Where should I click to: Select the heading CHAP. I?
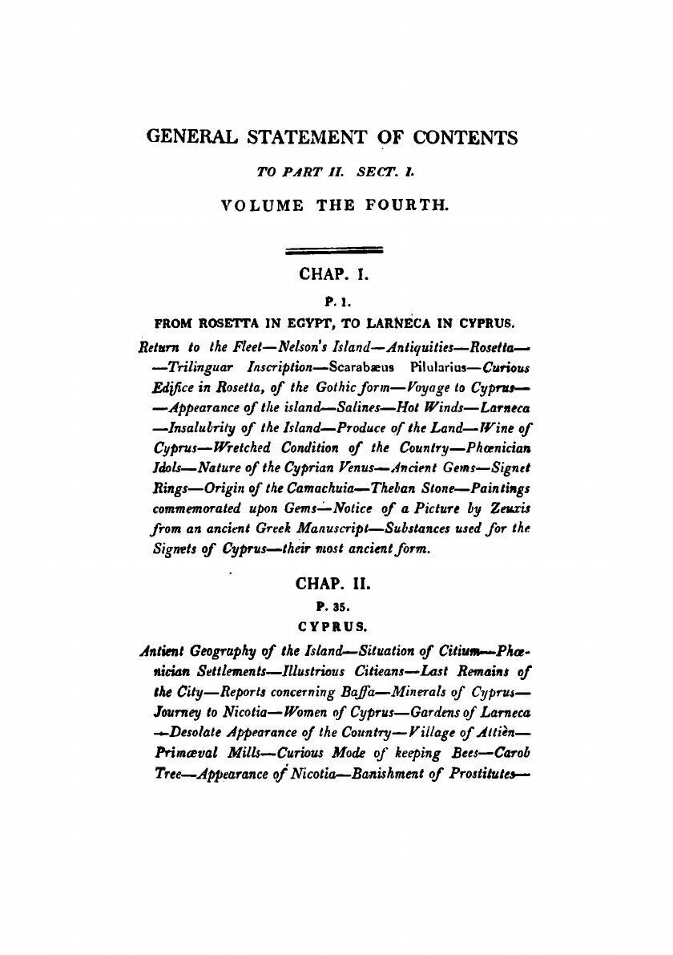pyautogui.click(x=332, y=274)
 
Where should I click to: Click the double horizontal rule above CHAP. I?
pyautogui.click(x=334, y=249)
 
